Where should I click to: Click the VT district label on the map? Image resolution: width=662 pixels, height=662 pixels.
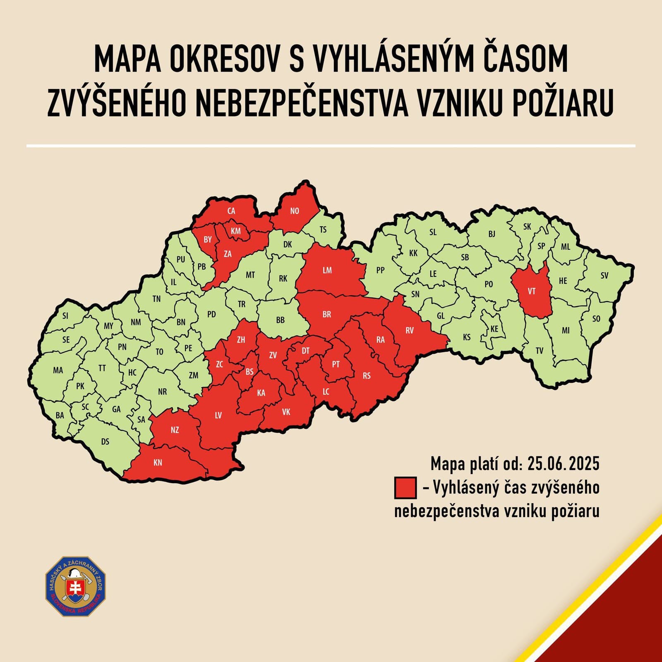tap(532, 291)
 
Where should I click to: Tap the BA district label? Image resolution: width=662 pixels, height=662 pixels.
tap(60, 415)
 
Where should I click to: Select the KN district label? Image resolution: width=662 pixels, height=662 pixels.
tap(158, 463)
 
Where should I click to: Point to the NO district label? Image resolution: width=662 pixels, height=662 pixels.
tap(295, 211)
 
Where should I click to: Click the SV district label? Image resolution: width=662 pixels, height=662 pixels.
tap(604, 275)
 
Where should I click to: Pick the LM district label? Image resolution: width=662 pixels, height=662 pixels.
tap(327, 270)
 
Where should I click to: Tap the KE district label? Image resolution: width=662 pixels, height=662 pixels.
tap(494, 329)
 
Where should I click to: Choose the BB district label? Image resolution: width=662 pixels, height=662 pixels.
tap(280, 320)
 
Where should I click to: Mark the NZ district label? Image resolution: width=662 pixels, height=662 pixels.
tap(175, 430)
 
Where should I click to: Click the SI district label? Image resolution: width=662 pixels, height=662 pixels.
tap(65, 316)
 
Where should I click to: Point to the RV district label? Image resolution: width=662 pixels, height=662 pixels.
tap(410, 330)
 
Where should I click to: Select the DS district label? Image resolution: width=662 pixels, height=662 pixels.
tap(105, 441)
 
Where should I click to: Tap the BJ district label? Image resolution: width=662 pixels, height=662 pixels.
tap(492, 234)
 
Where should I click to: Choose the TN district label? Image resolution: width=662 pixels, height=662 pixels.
tap(156, 299)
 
